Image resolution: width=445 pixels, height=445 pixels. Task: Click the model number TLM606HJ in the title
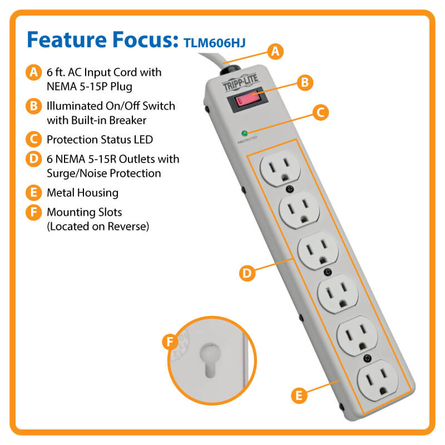[x=215, y=43]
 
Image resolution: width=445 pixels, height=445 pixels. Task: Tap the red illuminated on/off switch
[x=248, y=100]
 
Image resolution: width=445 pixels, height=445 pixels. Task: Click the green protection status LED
[x=244, y=133]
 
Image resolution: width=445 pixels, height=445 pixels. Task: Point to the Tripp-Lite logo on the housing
[x=240, y=82]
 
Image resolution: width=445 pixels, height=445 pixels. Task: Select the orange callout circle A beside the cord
[x=275, y=52]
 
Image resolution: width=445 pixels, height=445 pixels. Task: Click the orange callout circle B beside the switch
[x=305, y=82]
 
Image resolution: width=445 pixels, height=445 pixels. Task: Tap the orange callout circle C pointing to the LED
[x=321, y=112]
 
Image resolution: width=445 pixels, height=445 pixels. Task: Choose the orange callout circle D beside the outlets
[x=247, y=273]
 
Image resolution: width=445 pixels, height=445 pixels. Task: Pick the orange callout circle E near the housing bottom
[x=299, y=395]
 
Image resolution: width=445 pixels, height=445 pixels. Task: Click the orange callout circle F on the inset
[x=170, y=342]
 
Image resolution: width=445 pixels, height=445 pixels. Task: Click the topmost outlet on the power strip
[x=280, y=169]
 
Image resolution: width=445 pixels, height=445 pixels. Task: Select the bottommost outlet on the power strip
[x=378, y=380]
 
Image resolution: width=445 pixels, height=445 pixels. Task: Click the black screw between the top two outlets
[x=289, y=189]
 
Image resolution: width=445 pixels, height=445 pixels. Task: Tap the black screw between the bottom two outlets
[x=368, y=358]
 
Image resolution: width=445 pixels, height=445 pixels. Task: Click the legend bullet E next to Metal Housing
[x=34, y=192]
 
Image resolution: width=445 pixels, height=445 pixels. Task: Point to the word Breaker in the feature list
[x=127, y=120]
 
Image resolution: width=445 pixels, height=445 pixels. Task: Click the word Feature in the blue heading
[x=67, y=39]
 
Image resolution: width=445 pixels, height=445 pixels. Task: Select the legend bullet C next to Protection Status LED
[x=34, y=140]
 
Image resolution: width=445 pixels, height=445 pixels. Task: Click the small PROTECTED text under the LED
[x=247, y=140]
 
